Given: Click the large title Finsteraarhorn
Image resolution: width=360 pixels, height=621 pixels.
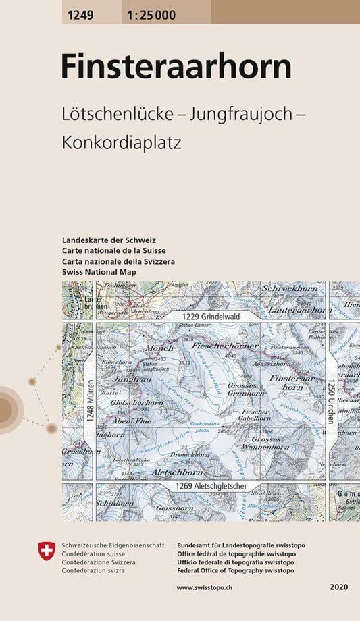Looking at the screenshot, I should point(176,67).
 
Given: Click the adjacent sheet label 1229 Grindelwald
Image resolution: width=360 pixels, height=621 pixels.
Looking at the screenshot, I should point(210,316).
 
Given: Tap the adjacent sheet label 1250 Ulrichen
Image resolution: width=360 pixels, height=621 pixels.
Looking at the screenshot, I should point(331,401).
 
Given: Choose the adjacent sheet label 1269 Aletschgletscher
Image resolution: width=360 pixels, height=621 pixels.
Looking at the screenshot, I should point(210,486).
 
